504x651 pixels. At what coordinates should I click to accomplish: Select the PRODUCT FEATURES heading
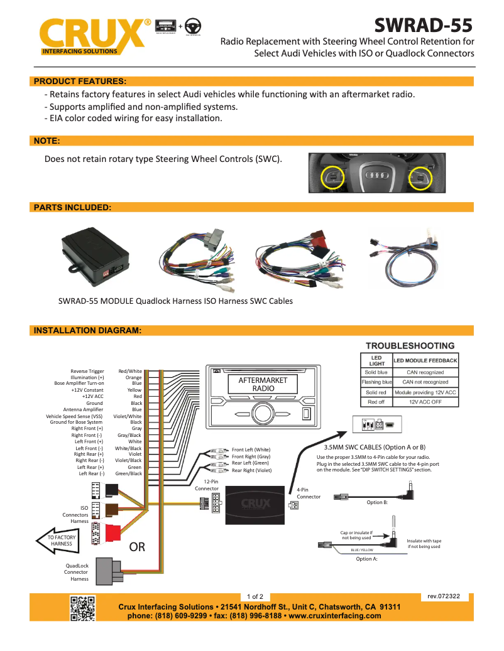click(80, 81)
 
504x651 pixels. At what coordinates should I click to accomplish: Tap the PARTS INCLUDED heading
click(72, 207)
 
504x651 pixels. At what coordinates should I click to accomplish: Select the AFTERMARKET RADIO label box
click(263, 384)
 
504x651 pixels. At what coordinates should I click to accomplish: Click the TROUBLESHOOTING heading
click(410, 346)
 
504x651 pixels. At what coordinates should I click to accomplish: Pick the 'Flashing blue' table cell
click(376, 382)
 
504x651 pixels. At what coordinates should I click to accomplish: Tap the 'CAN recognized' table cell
click(425, 372)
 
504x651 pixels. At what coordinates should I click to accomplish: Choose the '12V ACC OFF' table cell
click(425, 402)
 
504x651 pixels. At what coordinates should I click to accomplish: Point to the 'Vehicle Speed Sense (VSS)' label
click(75, 416)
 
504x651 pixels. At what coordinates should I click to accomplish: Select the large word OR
click(137, 547)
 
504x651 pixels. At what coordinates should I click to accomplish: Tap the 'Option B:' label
click(377, 502)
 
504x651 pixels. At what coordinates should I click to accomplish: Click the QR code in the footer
click(82, 607)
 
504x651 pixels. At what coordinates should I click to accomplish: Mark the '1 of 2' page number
click(255, 596)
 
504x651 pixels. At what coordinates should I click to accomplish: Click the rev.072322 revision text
click(444, 596)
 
